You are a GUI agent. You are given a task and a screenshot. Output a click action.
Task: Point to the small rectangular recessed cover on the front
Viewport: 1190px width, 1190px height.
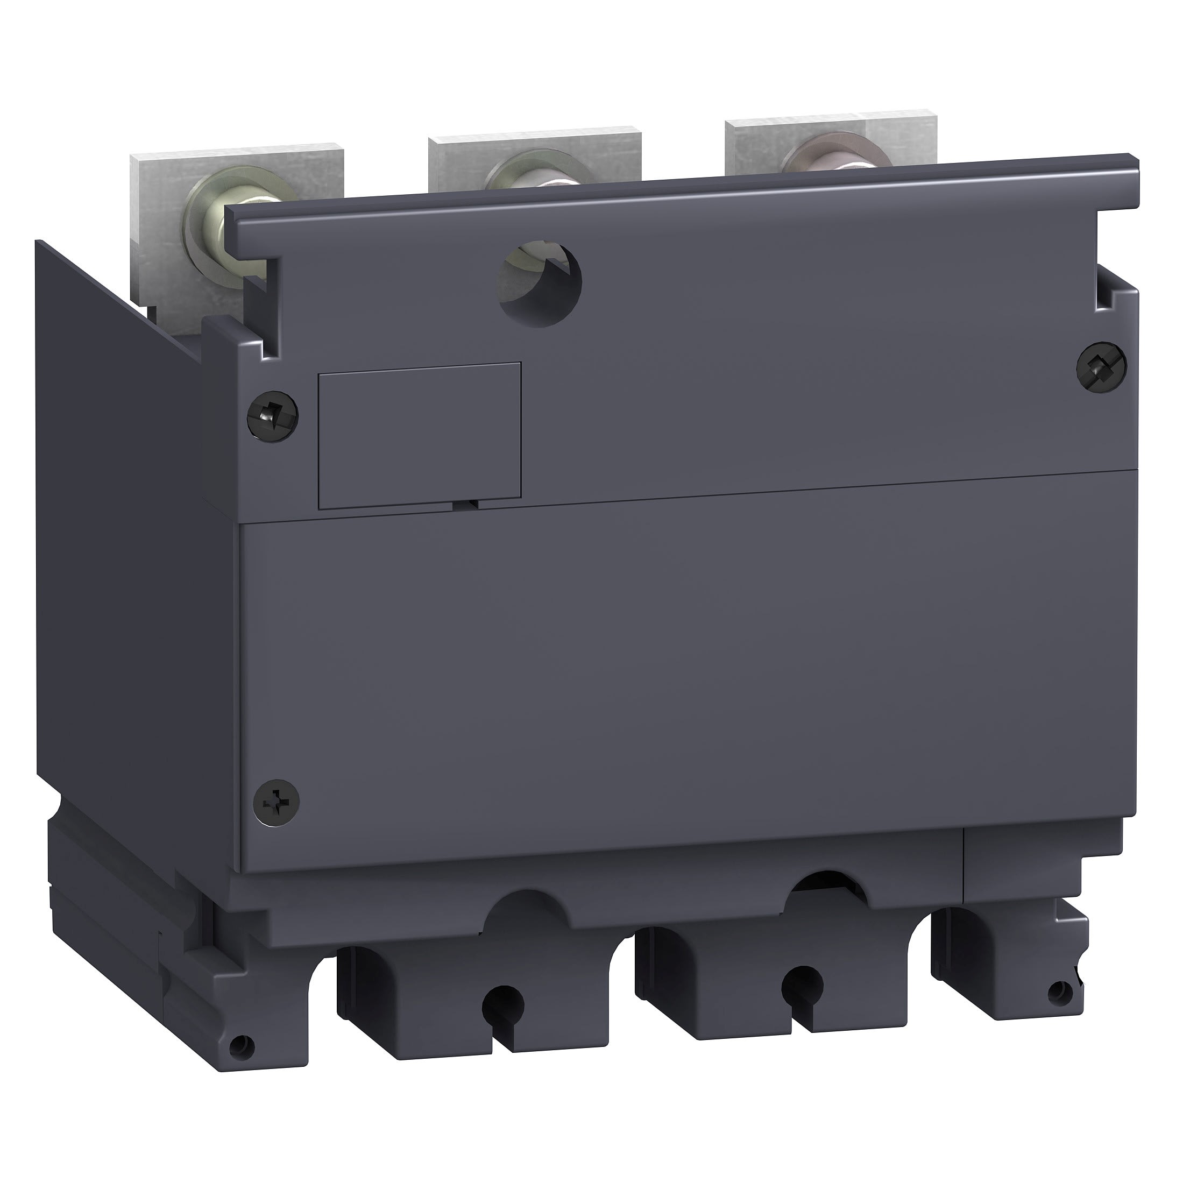pyautogui.click(x=420, y=435)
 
